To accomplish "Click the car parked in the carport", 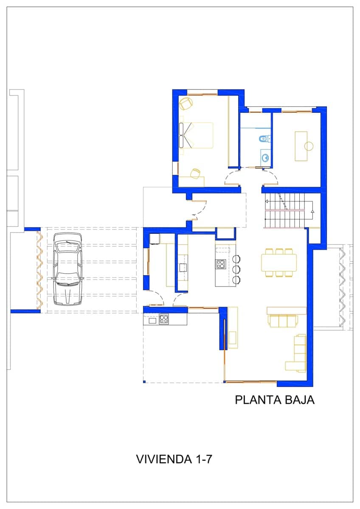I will (x=67, y=272).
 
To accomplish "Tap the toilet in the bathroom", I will (x=263, y=138).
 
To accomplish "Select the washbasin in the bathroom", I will (x=265, y=158).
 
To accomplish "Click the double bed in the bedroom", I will (x=196, y=135).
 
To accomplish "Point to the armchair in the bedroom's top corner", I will (x=186, y=103).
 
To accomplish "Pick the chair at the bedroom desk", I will (x=195, y=173).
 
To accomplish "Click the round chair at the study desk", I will (x=309, y=146).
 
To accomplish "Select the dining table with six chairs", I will (x=279, y=263).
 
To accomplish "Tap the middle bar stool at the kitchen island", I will (x=236, y=269).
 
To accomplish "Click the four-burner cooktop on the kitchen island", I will (x=221, y=264).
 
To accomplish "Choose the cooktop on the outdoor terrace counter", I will (x=164, y=319).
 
